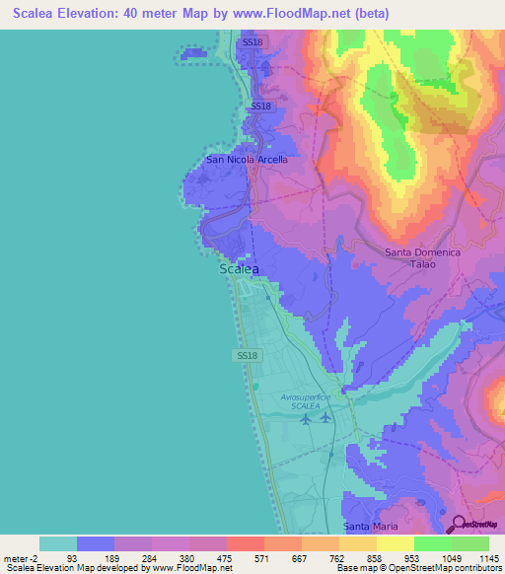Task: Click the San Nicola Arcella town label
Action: click(x=247, y=159)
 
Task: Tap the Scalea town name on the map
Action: click(x=239, y=269)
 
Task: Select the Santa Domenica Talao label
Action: click(x=422, y=259)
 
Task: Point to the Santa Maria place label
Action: click(x=370, y=527)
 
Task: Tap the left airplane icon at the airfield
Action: click(x=305, y=418)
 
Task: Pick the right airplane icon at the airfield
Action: click(x=325, y=417)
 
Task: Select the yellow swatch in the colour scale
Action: click(x=396, y=543)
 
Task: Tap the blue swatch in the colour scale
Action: click(x=96, y=543)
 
